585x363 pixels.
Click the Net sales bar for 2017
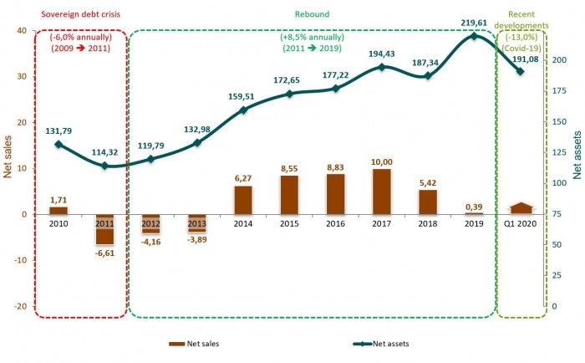[381, 192]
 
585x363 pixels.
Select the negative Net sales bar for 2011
[104, 229]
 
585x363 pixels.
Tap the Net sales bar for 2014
[243, 200]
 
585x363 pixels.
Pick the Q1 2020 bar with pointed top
[520, 208]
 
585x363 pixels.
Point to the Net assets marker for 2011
[104, 166]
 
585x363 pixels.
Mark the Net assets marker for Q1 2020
[520, 71]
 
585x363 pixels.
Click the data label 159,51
[243, 96]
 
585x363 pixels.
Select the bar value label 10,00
[381, 161]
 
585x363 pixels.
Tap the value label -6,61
[104, 252]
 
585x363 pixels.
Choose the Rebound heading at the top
[313, 13]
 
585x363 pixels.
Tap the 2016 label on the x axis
[335, 224]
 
